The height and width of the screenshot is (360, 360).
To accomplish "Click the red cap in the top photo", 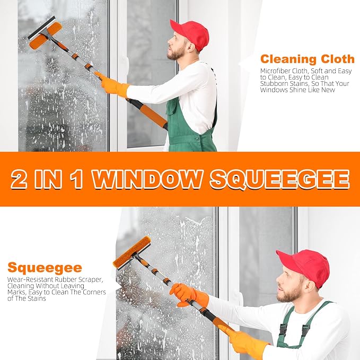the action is click(191, 34).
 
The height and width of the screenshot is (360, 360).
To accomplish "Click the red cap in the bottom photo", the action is click(305, 266).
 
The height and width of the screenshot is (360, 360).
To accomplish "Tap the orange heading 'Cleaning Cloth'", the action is click(308, 59).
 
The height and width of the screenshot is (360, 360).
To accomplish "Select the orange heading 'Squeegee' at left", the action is click(45, 268).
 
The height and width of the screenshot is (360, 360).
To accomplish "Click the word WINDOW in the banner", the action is click(146, 179).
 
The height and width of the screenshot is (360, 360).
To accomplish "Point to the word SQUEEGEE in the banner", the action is click(280, 180).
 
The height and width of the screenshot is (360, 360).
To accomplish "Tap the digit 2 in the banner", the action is click(19, 180).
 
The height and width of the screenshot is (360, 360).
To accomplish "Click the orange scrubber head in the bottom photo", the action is click(133, 252).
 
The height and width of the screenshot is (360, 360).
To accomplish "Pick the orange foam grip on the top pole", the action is click(153, 116).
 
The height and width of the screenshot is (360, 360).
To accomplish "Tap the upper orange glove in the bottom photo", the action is click(189, 295).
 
